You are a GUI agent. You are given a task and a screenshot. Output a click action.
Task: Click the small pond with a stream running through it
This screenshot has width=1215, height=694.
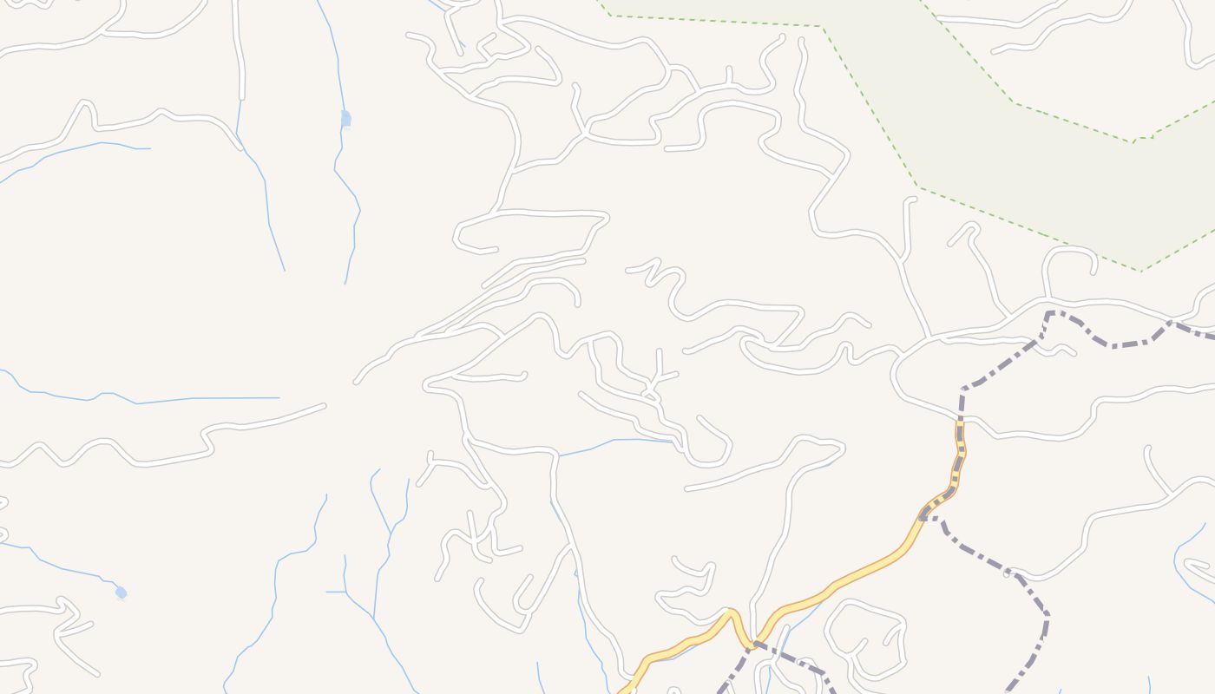tap(345, 118)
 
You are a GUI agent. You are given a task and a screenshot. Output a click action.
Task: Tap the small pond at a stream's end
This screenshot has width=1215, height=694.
tap(121, 593)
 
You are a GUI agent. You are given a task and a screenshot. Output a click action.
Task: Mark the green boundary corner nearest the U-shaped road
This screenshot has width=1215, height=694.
tap(1140, 270)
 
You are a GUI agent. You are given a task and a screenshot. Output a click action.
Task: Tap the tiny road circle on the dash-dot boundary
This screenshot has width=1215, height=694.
tap(1008, 573)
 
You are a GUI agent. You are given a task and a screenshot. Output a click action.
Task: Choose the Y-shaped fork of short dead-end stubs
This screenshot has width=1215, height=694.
tap(658, 376)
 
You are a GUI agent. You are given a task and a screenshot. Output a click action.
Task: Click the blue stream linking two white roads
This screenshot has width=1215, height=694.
tap(616, 442)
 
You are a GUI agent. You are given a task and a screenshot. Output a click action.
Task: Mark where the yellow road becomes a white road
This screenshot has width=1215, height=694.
tap(961, 422)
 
